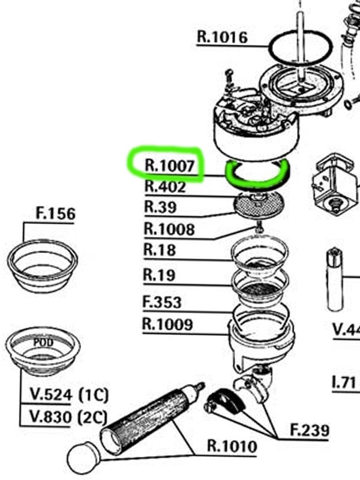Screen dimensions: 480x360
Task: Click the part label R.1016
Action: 222,37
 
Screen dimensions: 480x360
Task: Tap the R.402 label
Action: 165,187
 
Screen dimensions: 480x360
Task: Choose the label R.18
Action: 159,250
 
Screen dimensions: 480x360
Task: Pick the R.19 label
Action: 159,275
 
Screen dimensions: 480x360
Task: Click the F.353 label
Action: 162,302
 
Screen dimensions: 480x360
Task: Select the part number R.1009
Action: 167,325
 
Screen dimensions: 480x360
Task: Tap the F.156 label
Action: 56,214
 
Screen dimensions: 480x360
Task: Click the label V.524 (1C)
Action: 69,395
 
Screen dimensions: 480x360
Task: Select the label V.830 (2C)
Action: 69,415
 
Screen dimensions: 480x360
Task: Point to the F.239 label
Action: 310,430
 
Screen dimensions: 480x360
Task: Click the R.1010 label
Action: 232,446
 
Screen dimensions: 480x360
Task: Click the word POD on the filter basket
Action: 43,342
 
